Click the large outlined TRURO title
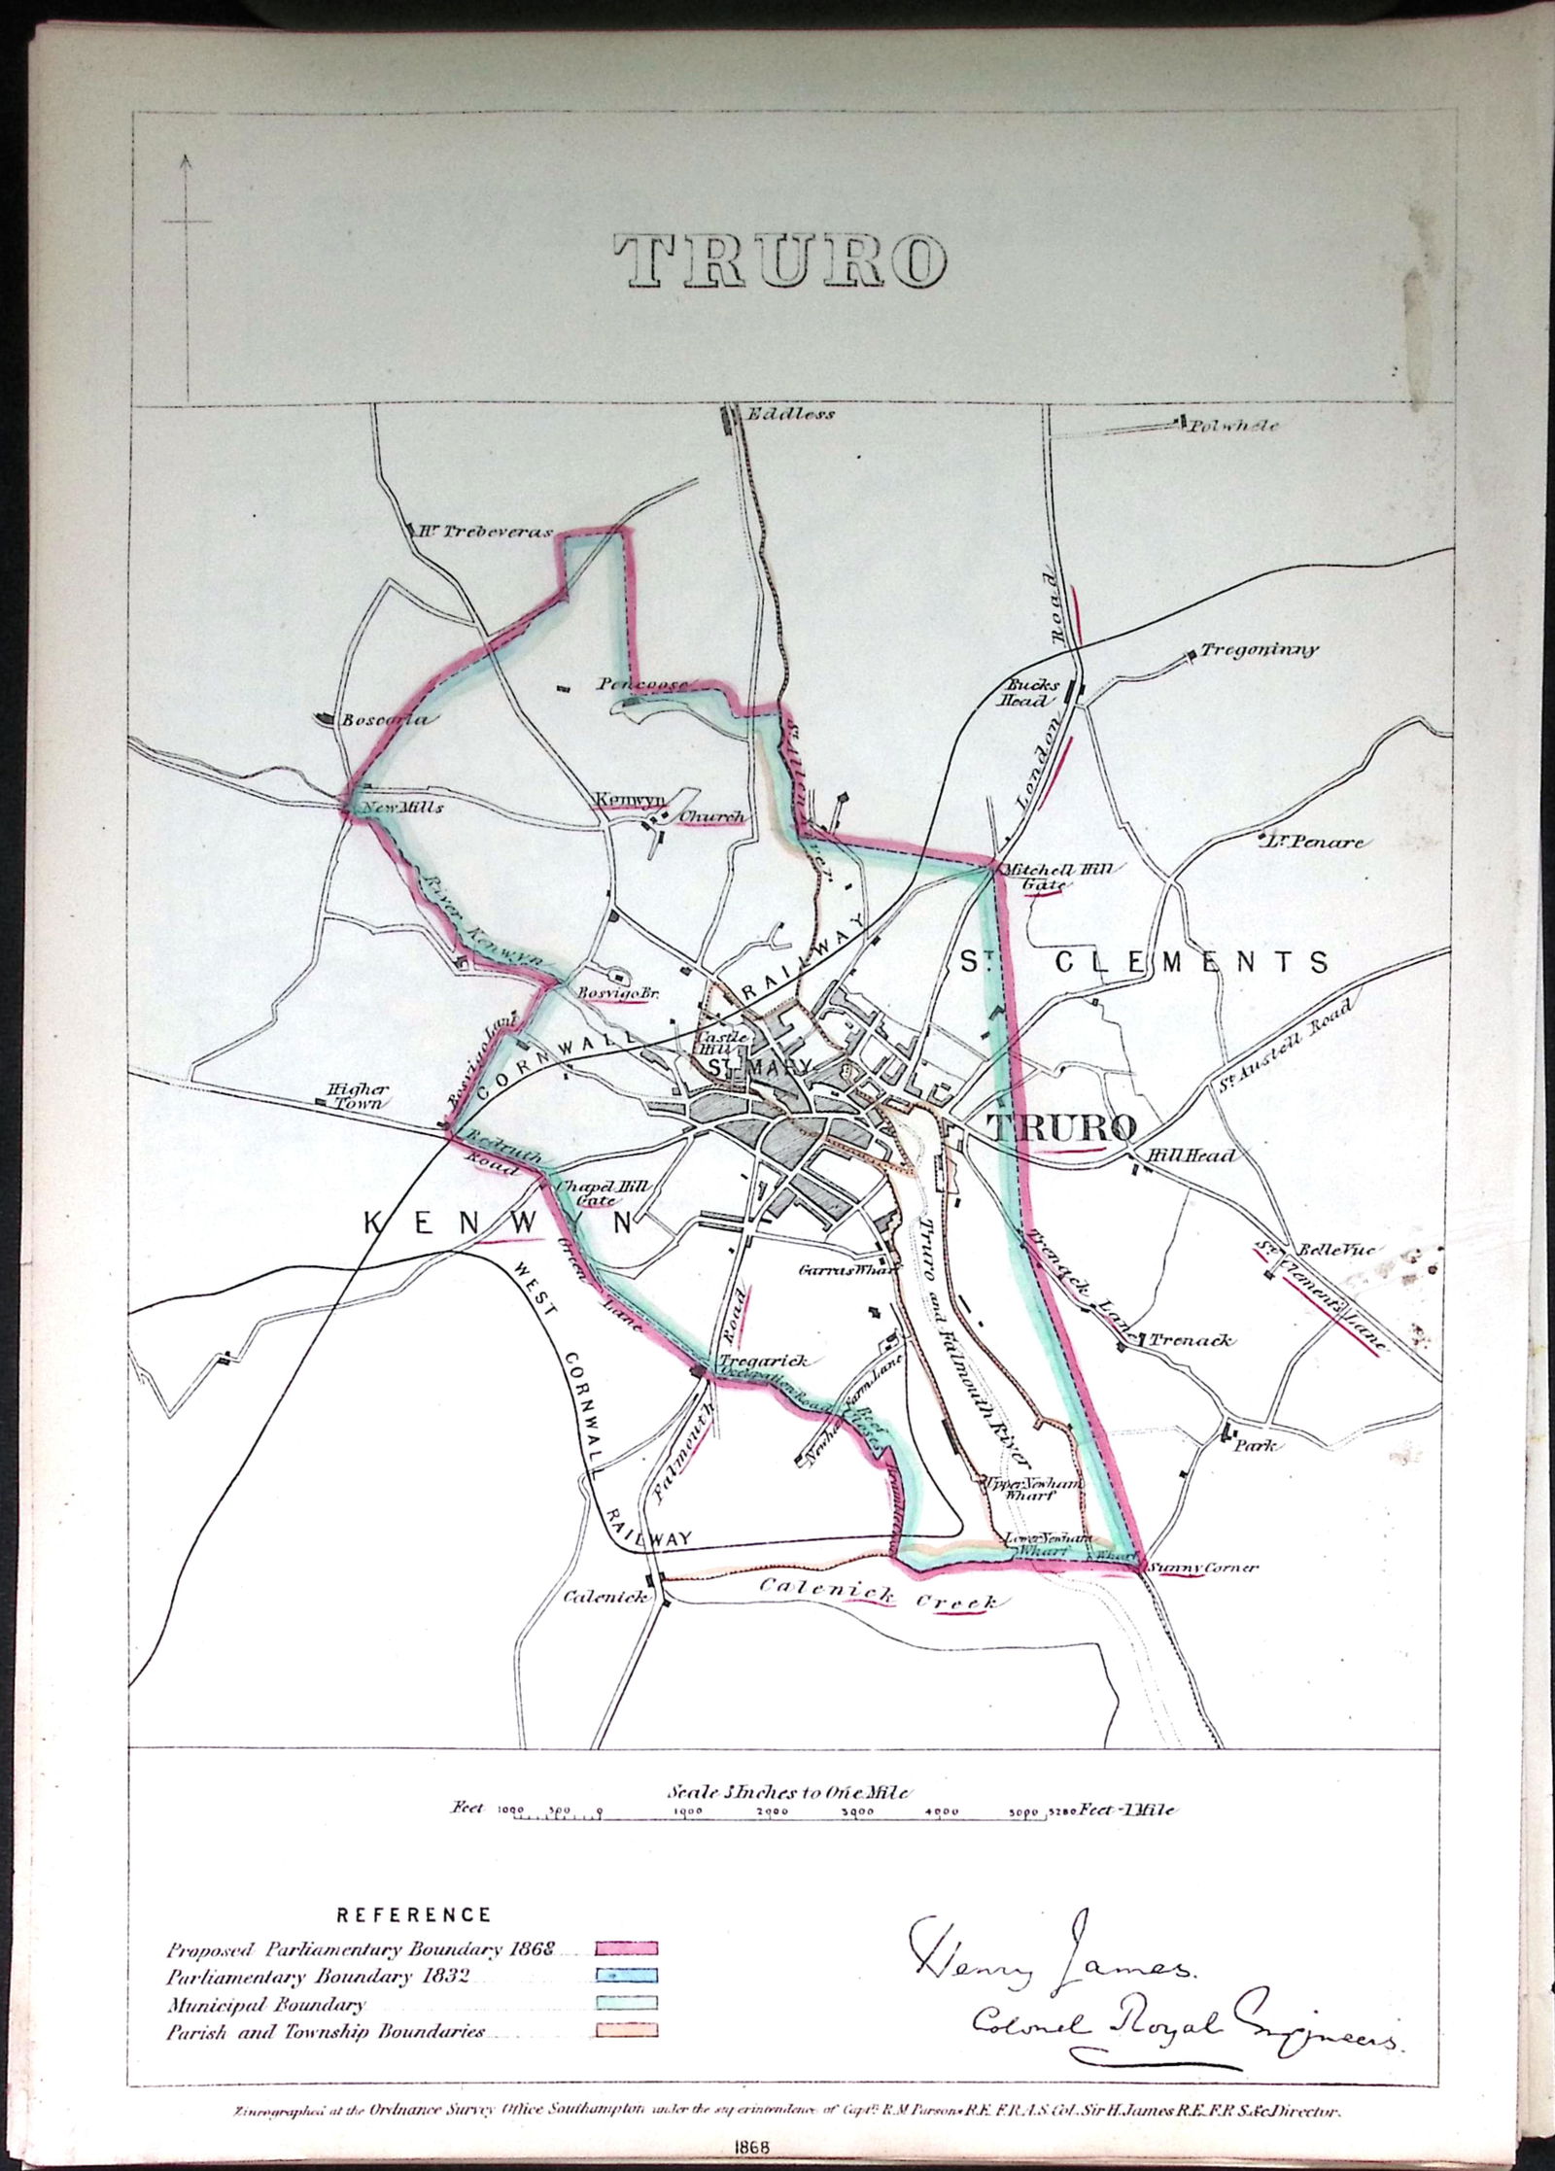779,262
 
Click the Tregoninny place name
1261,650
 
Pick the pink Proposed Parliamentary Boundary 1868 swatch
627,1920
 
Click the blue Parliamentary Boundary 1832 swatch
627,1947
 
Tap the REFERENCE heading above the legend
413,1889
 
